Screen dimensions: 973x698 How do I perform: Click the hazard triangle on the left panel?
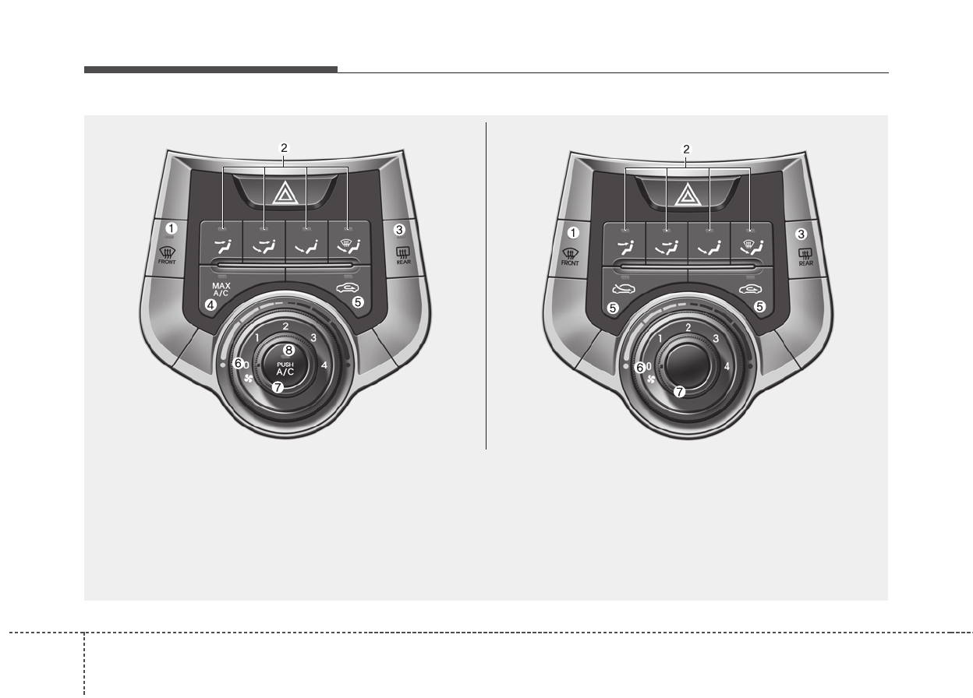point(285,194)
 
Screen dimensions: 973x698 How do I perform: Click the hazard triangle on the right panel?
point(688,195)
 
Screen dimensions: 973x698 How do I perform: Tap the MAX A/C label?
point(221,289)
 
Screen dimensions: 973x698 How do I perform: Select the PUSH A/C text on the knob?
point(285,369)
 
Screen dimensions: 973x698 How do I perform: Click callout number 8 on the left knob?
point(288,350)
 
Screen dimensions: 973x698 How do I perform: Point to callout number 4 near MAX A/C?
point(211,305)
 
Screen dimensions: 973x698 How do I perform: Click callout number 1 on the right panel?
point(573,233)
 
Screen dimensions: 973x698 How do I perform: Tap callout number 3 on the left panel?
point(399,230)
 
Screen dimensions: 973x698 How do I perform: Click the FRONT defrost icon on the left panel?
point(167,256)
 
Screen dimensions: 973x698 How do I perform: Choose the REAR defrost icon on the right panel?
point(806,257)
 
